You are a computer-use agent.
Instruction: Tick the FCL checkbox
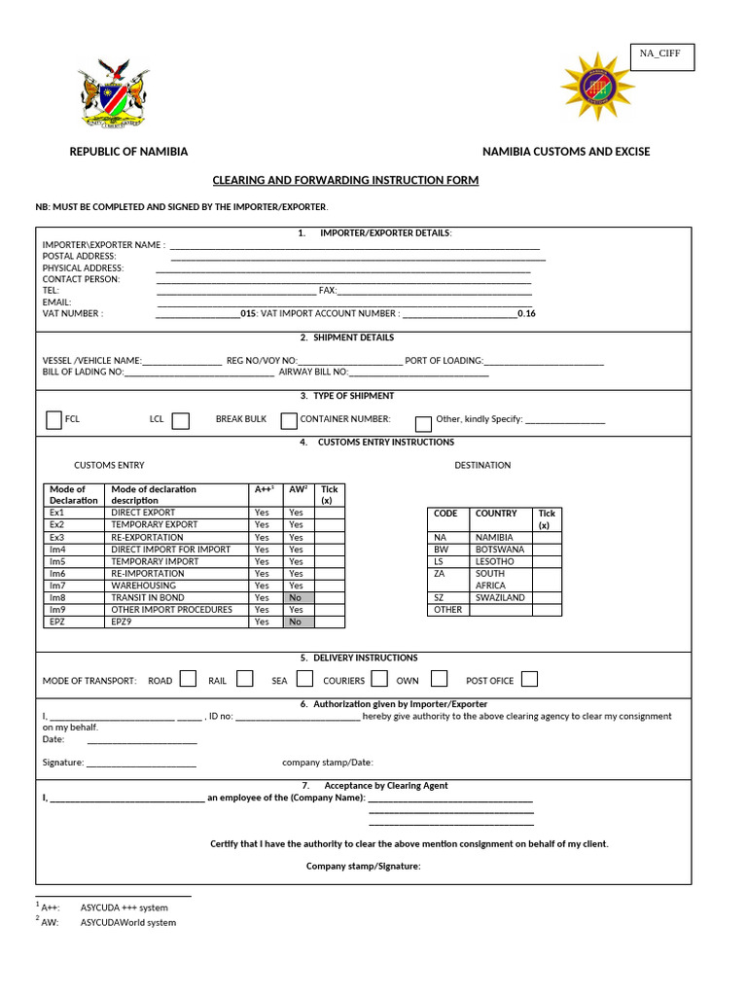[x=54, y=420]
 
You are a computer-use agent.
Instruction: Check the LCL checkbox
[x=180, y=420]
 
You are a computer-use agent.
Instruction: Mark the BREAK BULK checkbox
[x=288, y=420]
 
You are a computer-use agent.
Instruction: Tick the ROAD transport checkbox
[x=189, y=679]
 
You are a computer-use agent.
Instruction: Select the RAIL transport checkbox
[x=245, y=679]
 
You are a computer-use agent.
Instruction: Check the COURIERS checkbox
[x=379, y=679]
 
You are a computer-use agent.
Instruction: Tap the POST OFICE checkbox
[x=529, y=679]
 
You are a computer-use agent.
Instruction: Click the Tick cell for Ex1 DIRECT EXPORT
[x=329, y=513]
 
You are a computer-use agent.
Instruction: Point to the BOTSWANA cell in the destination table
[x=501, y=550]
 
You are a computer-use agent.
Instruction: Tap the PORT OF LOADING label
[x=444, y=360]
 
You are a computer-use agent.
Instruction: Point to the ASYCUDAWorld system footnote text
[x=128, y=922]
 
